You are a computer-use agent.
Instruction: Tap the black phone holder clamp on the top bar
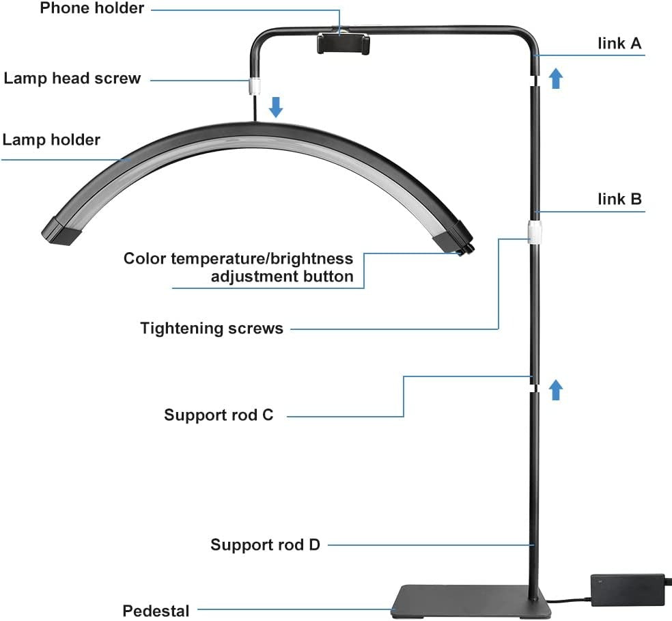343,45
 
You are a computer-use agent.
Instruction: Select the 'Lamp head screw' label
72,79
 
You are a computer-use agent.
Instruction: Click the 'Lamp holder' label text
51,140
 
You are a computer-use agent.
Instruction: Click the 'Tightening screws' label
212,329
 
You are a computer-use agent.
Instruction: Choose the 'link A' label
619,44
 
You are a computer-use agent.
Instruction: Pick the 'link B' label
619,199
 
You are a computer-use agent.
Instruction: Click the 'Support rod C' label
219,415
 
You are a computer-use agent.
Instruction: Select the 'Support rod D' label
265,544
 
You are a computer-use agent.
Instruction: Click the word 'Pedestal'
156,610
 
